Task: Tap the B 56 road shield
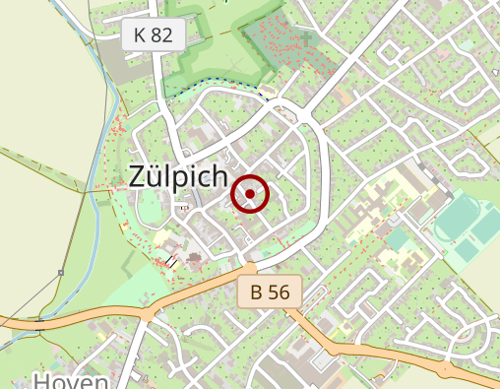point(269,292)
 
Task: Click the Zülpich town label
point(178,176)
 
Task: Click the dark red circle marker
point(250,194)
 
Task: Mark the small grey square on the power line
point(61,273)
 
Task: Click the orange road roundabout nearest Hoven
point(148,314)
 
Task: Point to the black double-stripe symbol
point(173,261)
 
